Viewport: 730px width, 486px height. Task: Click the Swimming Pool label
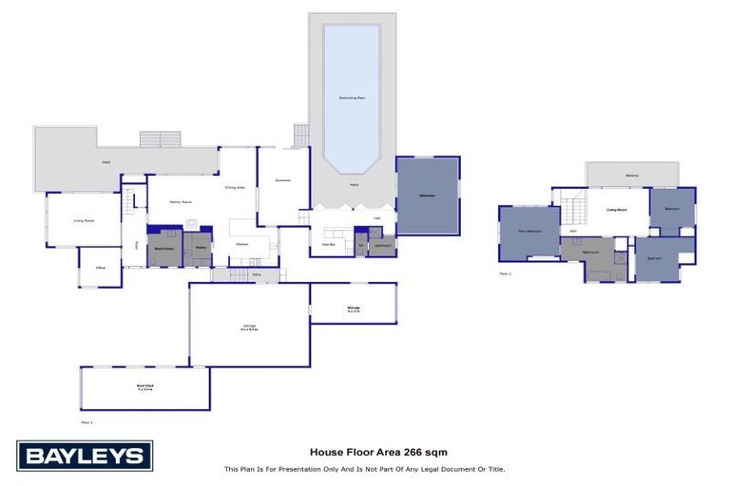pyautogui.click(x=351, y=98)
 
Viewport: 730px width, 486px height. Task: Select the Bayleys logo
pyautogui.click(x=84, y=456)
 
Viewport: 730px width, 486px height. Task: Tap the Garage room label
pyautogui.click(x=249, y=327)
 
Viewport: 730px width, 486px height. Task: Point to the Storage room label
pyautogui.click(x=353, y=308)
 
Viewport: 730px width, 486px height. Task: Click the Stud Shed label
pyautogui.click(x=144, y=387)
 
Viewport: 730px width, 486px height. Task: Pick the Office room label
pyautogui.click(x=99, y=269)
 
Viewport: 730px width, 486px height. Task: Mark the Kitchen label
pyautogui.click(x=243, y=244)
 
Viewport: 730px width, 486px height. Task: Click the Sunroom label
pyautogui.click(x=281, y=180)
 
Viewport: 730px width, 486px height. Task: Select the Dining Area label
pyautogui.click(x=235, y=187)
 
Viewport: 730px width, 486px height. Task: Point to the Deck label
pyautogui.click(x=106, y=163)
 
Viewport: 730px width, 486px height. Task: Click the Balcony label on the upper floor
pyautogui.click(x=632, y=175)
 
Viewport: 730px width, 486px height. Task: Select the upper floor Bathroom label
pyautogui.click(x=590, y=252)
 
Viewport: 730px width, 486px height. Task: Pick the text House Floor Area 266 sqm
pyautogui.click(x=365, y=452)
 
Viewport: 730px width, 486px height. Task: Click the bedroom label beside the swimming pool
pyautogui.click(x=428, y=196)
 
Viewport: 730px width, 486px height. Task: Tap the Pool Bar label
pyautogui.click(x=329, y=244)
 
